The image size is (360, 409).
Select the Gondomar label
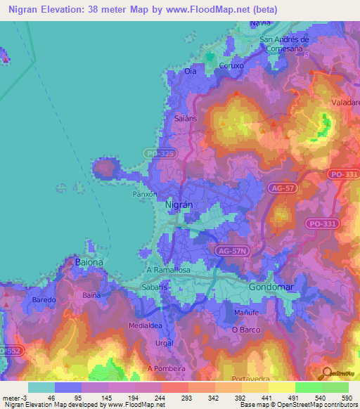click(x=270, y=287)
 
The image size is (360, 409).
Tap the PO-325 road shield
click(x=160, y=152)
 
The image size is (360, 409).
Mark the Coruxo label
click(x=231, y=66)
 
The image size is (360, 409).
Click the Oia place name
click(x=190, y=72)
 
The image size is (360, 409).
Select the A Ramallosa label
click(x=168, y=270)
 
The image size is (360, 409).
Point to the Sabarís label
click(x=155, y=287)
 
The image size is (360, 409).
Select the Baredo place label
click(x=44, y=299)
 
